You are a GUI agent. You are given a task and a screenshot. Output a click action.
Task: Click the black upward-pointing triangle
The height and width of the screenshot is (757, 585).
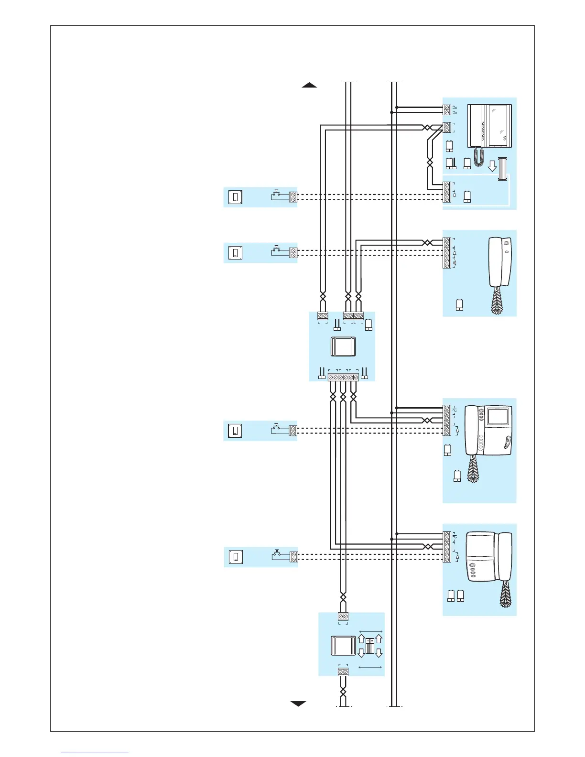pos(309,86)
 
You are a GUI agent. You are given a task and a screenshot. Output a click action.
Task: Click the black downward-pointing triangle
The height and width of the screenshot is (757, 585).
pos(298,703)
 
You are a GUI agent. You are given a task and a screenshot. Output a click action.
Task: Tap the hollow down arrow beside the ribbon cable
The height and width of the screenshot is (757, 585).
pos(492,166)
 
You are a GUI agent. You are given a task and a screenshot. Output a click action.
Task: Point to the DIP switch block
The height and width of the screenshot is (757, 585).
pos(370,645)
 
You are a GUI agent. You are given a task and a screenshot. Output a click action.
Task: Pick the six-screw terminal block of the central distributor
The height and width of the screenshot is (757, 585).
pos(343,378)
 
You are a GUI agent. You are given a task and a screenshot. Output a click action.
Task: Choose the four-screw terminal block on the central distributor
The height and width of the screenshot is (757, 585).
pos(353,316)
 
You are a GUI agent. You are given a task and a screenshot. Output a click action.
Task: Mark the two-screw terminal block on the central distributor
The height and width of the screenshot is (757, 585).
pos(323,316)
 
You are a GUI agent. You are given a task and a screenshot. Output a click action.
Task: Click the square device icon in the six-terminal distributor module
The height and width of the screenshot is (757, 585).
pos(343,346)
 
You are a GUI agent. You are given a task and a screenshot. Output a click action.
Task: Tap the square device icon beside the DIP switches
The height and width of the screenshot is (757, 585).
pos(343,646)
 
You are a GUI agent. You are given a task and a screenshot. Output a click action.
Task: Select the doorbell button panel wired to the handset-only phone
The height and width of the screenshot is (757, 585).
pos(236,252)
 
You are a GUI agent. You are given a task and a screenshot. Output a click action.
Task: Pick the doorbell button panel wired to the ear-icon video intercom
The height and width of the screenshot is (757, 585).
pos(235,431)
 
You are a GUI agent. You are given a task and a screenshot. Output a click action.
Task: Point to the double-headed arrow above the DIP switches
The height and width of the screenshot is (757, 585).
pos(370,631)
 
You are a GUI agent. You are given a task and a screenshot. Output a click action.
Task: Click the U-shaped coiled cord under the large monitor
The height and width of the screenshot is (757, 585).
pos(479,158)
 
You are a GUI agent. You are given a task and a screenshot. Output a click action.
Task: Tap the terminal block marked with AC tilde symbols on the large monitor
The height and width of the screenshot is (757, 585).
pos(447,110)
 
